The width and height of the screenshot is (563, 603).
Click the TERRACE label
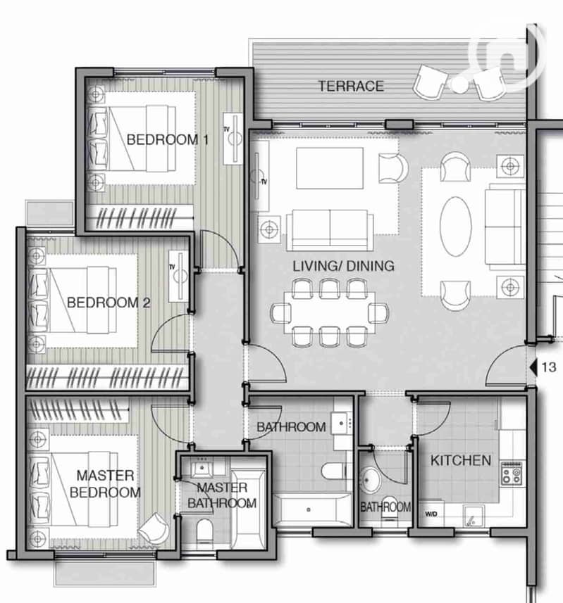tap(351, 86)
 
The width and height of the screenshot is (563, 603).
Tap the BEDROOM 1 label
tap(168, 139)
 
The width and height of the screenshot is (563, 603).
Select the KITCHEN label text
tap(461, 460)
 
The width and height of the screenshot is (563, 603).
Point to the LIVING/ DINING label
tap(343, 266)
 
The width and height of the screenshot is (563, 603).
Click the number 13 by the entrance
tap(549, 367)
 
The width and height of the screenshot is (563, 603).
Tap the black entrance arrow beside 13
tap(533, 367)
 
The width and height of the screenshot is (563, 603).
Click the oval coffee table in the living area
tap(456, 227)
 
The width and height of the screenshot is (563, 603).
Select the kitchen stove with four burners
tap(512, 473)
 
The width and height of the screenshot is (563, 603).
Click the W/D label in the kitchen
tap(431, 514)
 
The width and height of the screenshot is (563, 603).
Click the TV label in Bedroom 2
tap(172, 267)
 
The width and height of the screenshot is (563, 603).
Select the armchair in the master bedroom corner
tap(154, 528)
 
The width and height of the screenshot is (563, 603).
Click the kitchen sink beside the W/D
tap(474, 516)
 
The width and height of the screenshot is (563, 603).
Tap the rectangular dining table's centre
tap(330, 312)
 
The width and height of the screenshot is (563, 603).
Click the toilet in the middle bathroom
tap(336, 471)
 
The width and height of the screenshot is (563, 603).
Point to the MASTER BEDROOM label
tap(105, 484)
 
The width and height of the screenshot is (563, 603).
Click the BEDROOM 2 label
tap(109, 303)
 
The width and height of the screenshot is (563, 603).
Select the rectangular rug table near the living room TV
tap(330, 168)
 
